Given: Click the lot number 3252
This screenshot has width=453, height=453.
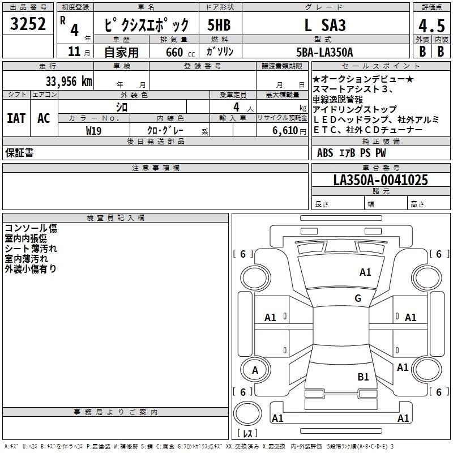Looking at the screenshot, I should point(28,25).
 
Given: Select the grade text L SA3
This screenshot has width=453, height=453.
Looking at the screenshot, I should point(324,25).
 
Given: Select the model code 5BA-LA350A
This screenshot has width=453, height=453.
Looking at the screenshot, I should point(324,52).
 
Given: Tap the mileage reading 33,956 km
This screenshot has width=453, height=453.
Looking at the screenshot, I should point(69,81).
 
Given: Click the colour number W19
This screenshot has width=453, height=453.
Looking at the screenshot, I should point(93,130).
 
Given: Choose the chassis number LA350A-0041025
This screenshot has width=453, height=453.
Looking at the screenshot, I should point(381,180).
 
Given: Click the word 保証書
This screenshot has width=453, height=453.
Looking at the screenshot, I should point(19,153).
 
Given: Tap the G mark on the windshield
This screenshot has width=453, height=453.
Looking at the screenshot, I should point(358,298).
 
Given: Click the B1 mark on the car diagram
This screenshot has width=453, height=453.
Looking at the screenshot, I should point(363,377).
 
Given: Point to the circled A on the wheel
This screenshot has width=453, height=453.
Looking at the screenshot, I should point(255,370).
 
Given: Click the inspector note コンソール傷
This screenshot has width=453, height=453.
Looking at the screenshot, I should point(31,229).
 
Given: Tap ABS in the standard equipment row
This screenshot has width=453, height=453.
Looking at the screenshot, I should point(325,153).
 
